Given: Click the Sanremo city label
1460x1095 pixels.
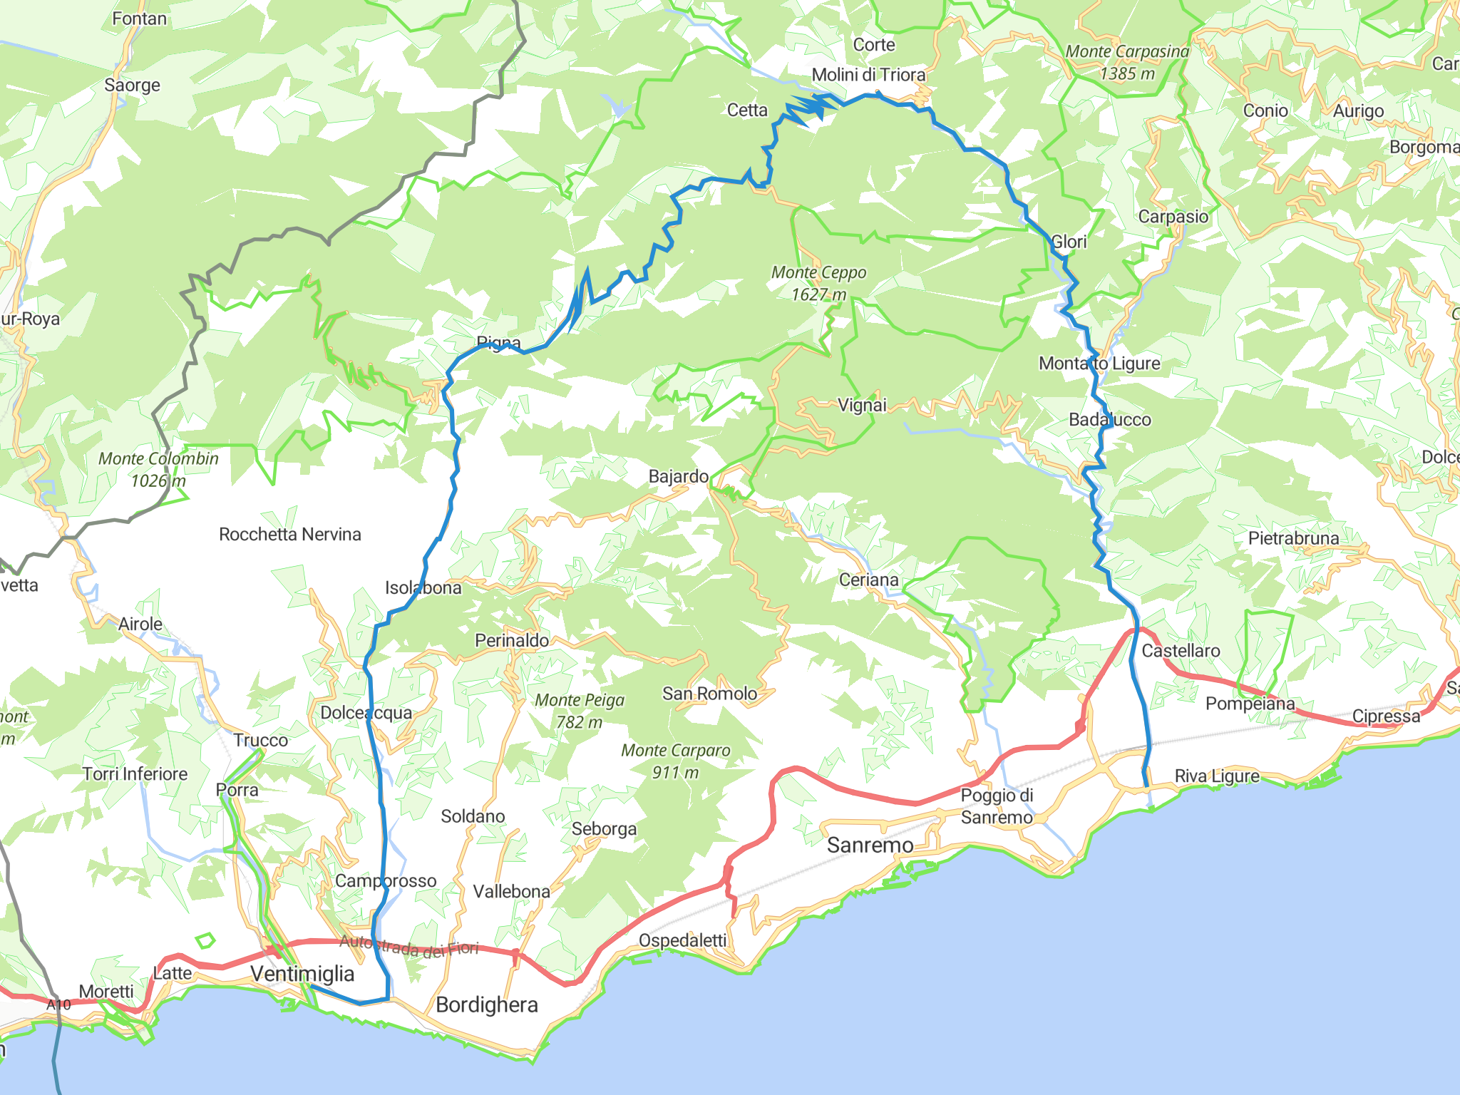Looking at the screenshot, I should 870,845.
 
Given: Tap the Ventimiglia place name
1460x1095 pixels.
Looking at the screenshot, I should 302,974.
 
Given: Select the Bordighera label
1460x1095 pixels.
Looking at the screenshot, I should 487,1005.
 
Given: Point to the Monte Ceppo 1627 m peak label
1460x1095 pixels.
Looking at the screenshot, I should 818,283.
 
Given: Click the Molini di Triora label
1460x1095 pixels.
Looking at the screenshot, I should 868,75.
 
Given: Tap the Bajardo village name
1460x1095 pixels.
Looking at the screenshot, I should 678,476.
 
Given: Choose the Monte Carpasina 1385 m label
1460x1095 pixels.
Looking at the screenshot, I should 1127,62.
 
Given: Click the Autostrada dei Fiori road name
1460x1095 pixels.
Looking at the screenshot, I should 408,947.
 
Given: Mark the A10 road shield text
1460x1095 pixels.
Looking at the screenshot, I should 59,1005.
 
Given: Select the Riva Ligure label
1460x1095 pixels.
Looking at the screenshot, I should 1217,776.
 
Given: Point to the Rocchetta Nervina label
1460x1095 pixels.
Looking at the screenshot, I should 289,535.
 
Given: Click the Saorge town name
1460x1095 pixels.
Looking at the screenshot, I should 132,86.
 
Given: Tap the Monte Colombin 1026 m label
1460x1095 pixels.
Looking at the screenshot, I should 158,469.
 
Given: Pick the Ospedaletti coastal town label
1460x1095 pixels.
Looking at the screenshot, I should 682,941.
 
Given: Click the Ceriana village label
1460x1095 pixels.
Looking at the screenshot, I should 868,580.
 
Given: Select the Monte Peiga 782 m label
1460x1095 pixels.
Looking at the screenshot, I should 580,711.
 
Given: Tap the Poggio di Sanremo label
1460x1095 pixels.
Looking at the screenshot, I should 997,806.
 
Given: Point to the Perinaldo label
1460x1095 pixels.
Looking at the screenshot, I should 512,641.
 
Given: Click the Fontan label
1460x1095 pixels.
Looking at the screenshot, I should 139,19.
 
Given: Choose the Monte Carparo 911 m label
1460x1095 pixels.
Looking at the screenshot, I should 675,761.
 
